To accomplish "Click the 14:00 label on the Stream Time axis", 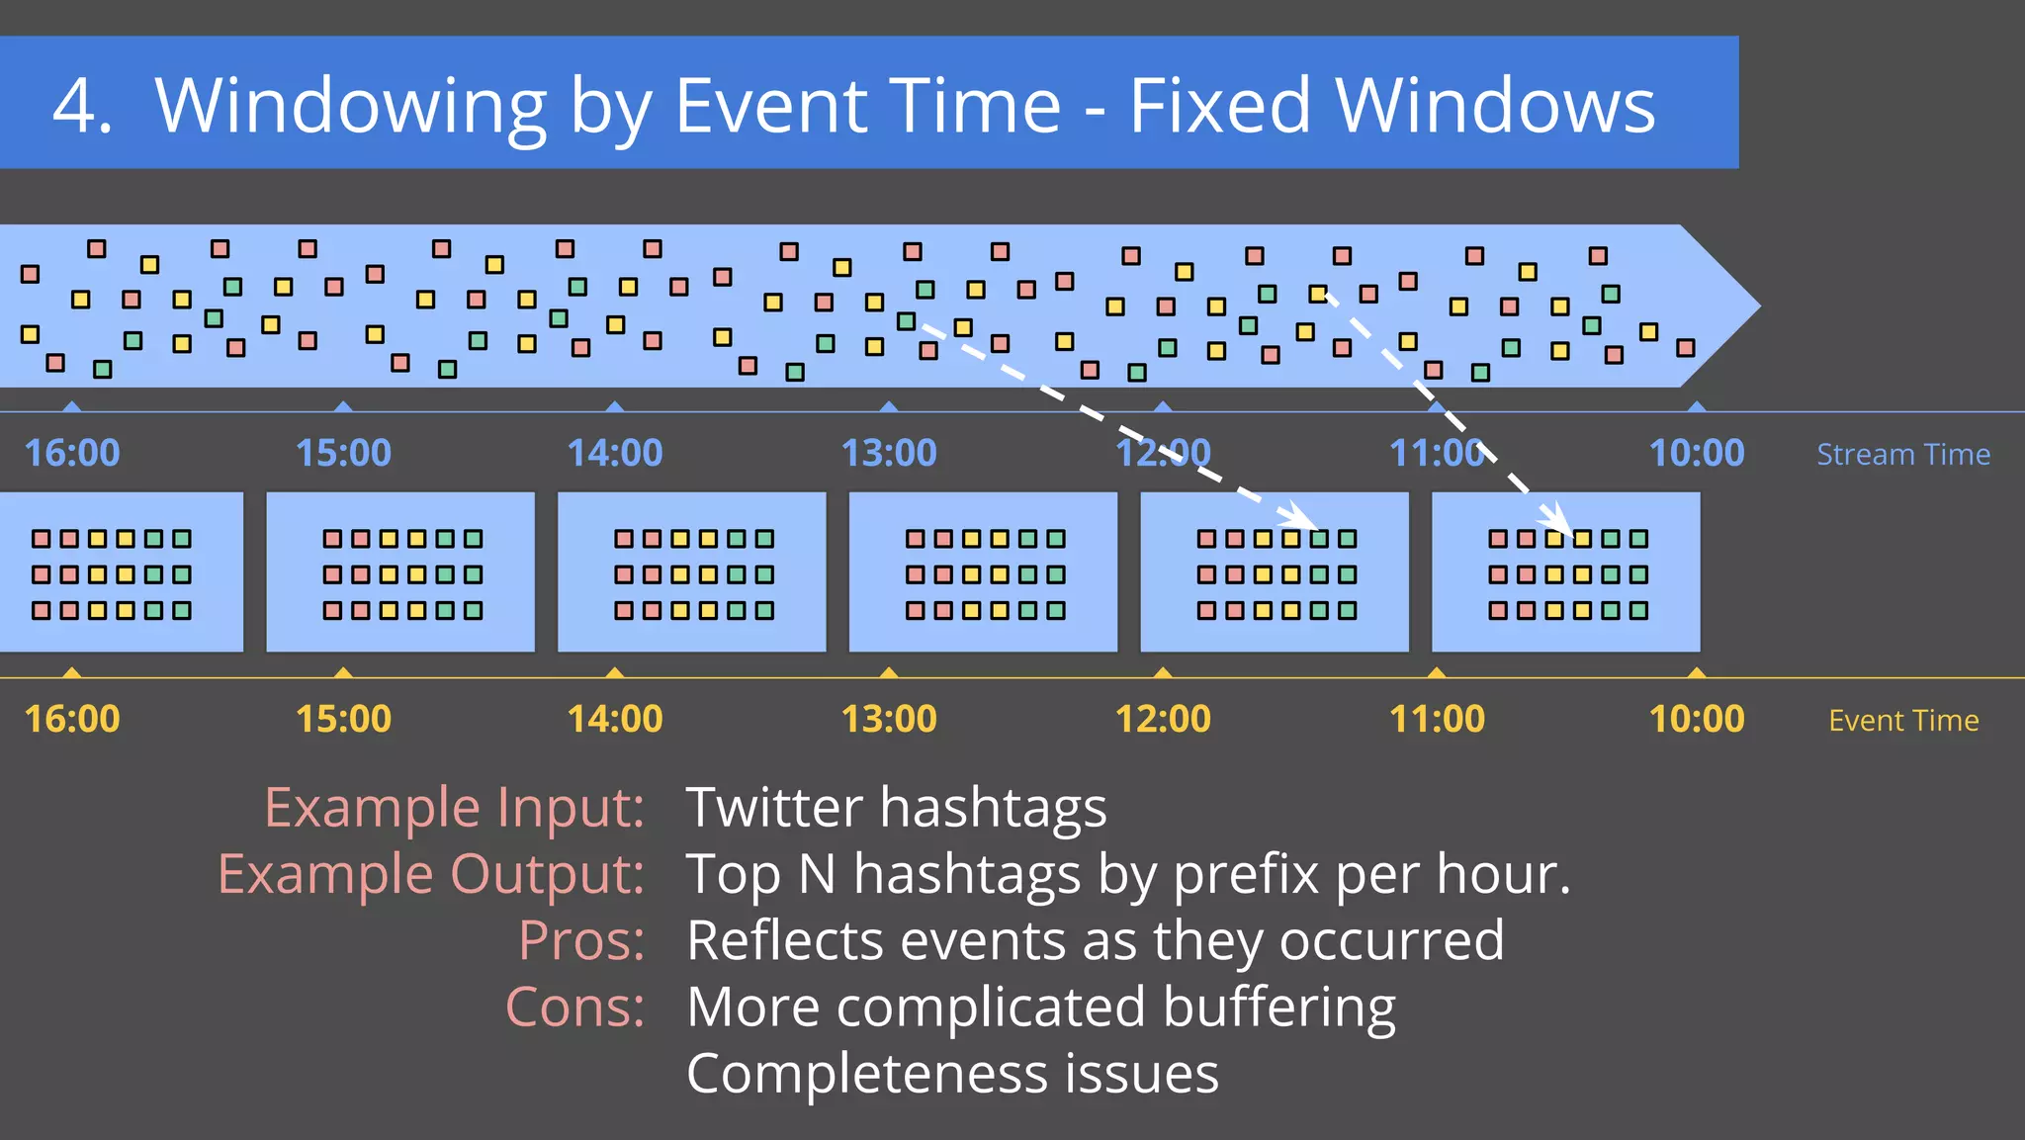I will [614, 453].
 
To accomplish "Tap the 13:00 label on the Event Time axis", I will [888, 719].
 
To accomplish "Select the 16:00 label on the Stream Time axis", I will [71, 453].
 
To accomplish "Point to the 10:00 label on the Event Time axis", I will [1696, 719].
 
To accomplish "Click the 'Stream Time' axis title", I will [1902, 454].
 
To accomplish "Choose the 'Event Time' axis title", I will [1903, 720].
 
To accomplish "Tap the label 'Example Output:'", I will [431, 874].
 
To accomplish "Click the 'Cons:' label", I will [574, 1007].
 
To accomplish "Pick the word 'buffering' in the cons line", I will [1278, 1008].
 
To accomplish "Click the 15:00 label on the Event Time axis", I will [343, 719].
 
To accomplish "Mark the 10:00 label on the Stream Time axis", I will [1696, 453].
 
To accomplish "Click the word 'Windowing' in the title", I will [351, 107].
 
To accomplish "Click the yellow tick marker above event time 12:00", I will [1163, 672].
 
